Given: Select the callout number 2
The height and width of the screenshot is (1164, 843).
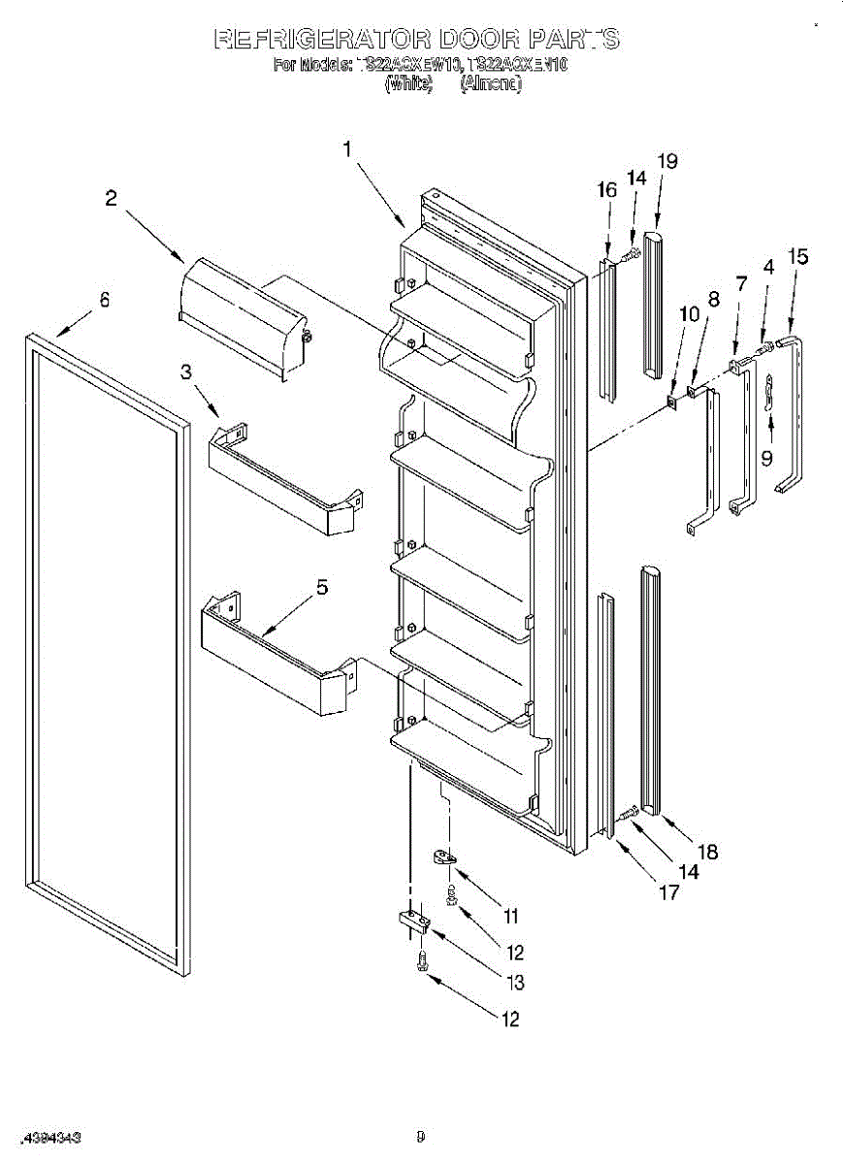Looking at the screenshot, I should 113,199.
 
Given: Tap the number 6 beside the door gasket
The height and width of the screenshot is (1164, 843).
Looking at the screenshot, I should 104,300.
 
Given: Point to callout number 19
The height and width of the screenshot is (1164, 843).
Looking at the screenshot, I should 667,161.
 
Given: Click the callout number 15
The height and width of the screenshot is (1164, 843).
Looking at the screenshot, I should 797,257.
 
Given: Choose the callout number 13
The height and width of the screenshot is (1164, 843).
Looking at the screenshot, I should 515,983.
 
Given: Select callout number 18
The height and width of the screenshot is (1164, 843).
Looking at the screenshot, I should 708,852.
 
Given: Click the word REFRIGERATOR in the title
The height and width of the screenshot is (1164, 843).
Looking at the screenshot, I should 322,39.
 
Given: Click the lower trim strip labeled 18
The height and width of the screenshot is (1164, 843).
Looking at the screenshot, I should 649,689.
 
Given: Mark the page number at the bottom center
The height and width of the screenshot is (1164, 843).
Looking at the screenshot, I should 420,1136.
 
